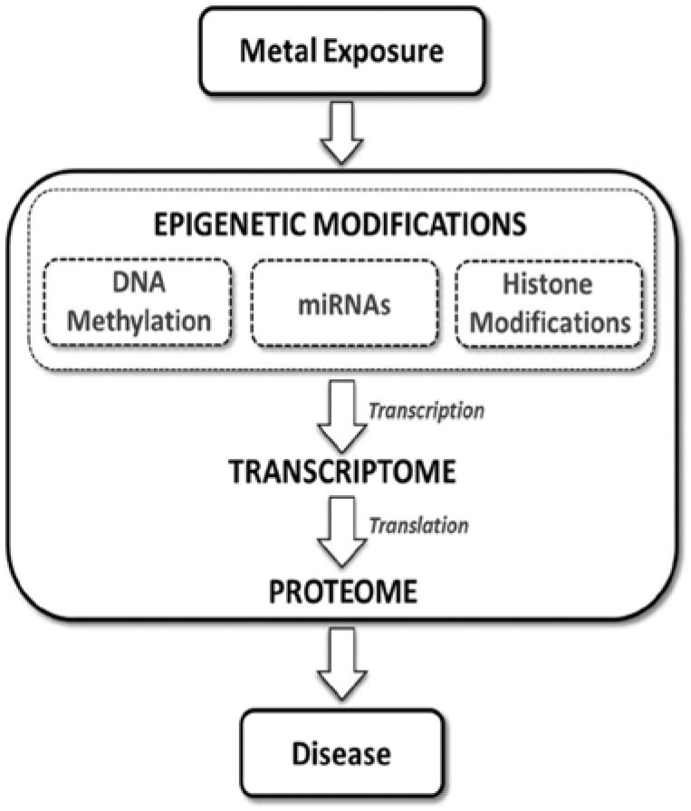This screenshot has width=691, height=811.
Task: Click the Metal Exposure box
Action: pos(341,51)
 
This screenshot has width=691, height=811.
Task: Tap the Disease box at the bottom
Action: pos(341,752)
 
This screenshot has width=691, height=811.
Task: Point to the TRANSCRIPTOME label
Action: pos(341,473)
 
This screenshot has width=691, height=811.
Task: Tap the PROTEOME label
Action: pos(341,592)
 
